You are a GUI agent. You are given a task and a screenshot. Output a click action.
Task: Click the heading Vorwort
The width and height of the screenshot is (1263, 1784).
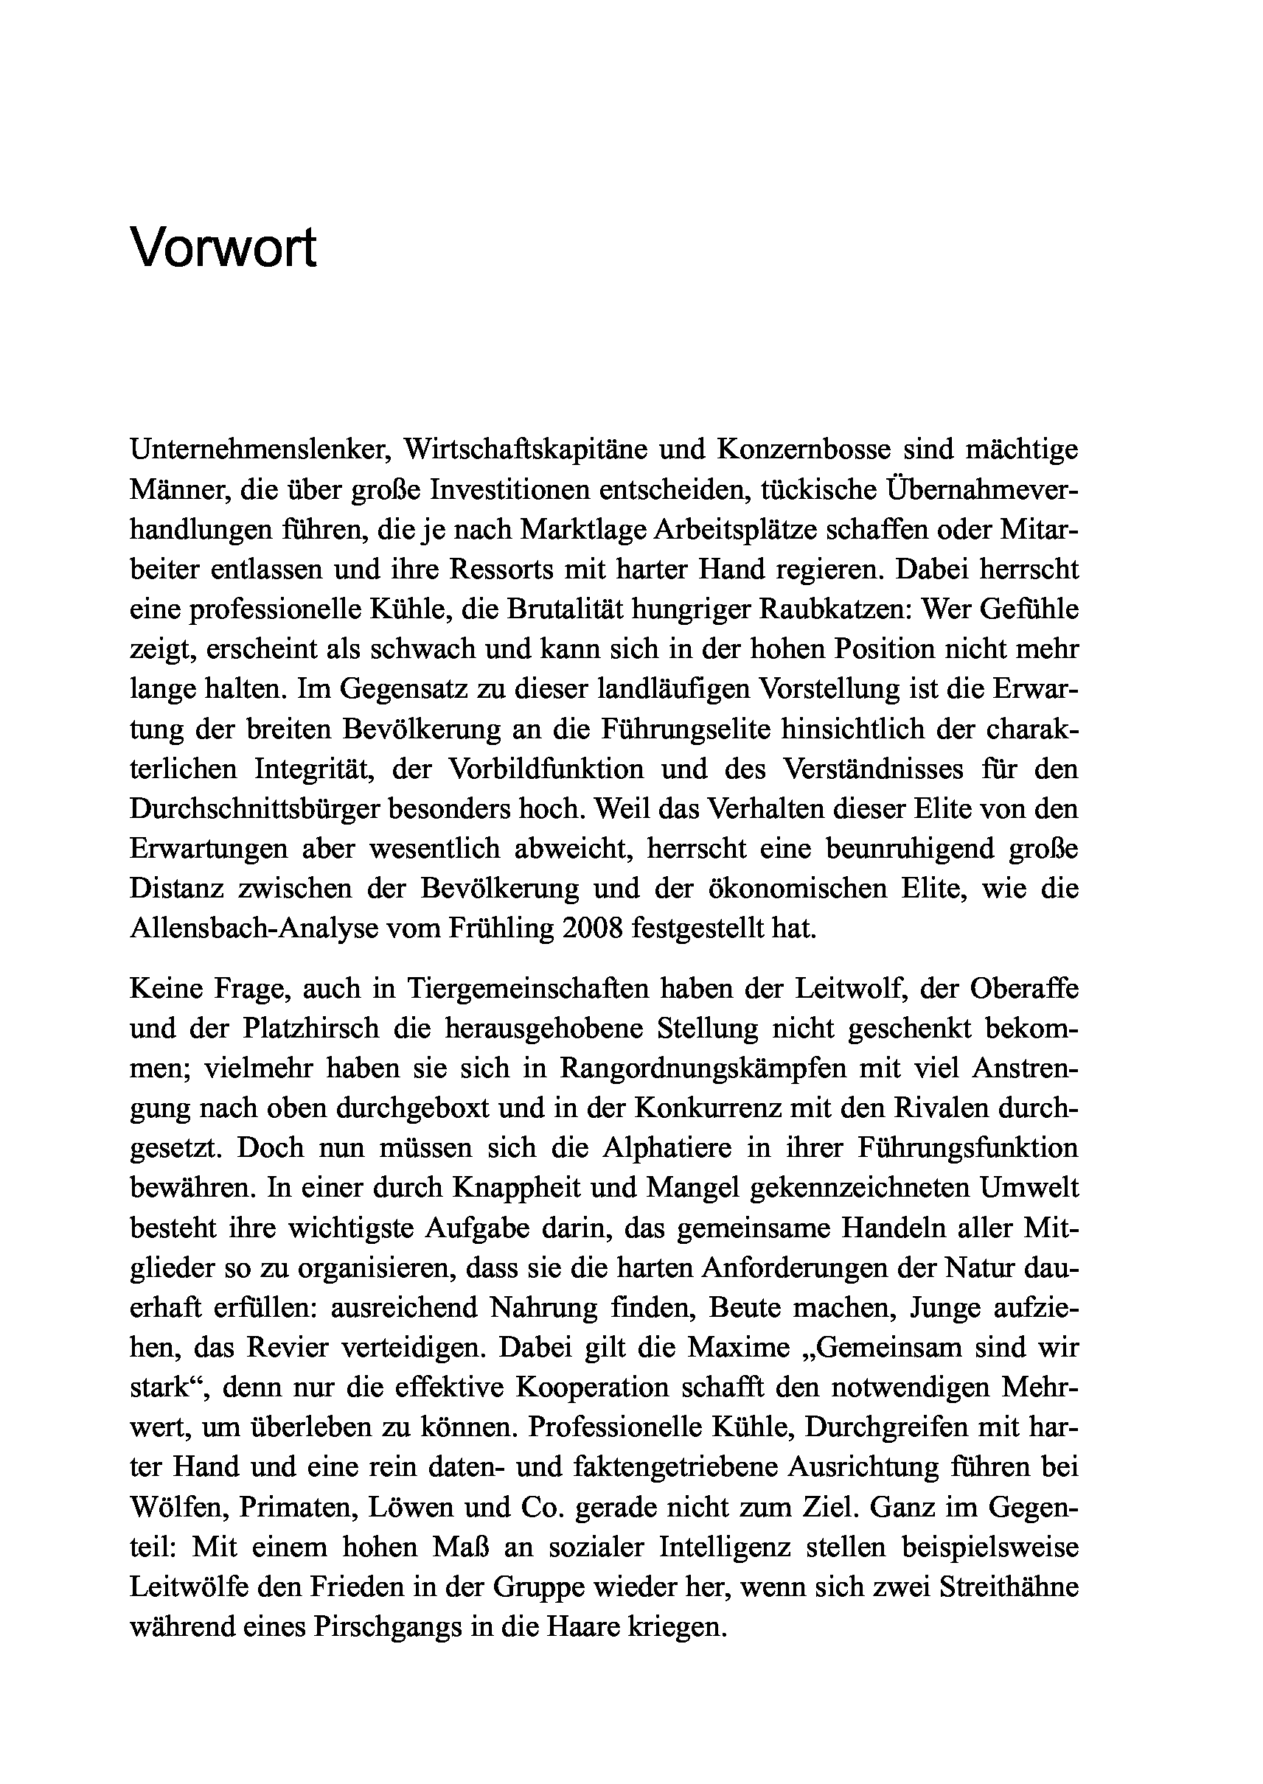pos(223,248)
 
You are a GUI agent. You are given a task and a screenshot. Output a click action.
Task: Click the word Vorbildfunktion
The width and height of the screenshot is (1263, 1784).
pos(545,769)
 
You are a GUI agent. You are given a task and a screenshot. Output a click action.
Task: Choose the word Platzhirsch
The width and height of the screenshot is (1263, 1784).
pos(310,1029)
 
